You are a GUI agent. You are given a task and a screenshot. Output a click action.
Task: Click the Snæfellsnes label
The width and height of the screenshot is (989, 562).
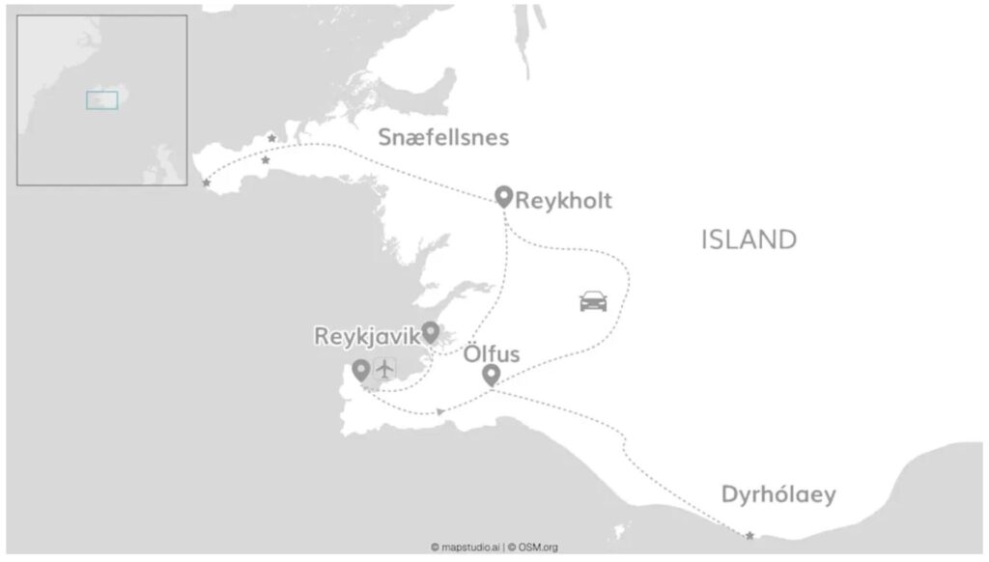click(x=443, y=138)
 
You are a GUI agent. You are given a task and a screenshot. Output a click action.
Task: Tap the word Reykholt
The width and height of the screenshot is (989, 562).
click(x=564, y=202)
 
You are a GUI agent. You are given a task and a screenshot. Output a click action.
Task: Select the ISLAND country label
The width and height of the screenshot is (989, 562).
click(x=749, y=239)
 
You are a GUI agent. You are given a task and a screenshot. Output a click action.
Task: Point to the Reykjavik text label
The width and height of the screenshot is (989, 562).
click(x=366, y=336)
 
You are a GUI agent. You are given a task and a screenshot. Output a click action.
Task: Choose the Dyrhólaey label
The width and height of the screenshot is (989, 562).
click(x=778, y=495)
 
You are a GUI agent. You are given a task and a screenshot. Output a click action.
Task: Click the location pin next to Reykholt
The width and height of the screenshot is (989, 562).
click(x=503, y=196)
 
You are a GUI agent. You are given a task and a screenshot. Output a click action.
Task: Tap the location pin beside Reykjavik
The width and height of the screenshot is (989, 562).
click(x=431, y=332)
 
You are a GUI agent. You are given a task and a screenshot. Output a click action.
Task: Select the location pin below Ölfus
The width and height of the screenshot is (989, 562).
click(x=491, y=375)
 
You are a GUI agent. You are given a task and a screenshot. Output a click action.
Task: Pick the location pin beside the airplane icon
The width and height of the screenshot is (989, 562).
click(x=361, y=369)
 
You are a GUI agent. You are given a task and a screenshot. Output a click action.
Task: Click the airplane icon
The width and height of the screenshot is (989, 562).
click(x=384, y=368)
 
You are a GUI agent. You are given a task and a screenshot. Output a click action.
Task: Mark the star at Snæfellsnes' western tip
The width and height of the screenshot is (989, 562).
click(x=206, y=183)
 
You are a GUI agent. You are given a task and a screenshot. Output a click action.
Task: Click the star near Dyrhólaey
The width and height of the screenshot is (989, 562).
click(x=749, y=535)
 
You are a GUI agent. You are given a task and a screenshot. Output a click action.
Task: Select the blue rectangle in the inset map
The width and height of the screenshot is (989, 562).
click(x=101, y=99)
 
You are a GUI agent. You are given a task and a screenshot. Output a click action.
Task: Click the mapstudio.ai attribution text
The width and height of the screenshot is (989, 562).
click(x=465, y=548)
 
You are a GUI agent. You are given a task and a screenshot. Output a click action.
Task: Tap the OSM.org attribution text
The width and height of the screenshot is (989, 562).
click(x=533, y=548)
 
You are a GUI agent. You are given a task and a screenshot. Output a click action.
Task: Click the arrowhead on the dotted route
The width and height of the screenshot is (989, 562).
click(x=440, y=412)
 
